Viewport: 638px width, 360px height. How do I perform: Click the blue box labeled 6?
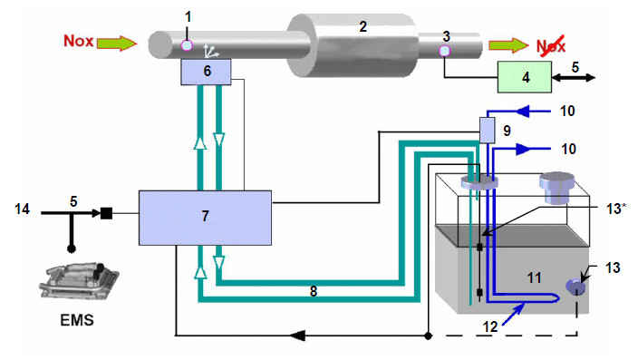206,72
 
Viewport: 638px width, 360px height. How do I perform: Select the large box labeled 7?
205,218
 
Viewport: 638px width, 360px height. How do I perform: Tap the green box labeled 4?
525,77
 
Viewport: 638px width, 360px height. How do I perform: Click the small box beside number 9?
487,131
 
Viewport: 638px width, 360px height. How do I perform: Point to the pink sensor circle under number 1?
187,45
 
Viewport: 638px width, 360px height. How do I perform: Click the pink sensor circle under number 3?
445,51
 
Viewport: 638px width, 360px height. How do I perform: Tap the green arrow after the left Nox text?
116,43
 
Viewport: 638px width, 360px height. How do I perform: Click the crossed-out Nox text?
551,45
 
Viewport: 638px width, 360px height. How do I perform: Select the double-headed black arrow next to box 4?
574,77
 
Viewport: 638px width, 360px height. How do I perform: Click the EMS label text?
77,320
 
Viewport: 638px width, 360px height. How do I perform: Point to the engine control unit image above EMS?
79,281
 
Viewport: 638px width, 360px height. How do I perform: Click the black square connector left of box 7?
106,213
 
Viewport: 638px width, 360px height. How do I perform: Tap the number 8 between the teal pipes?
314,291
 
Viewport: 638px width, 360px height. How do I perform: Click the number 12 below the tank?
490,326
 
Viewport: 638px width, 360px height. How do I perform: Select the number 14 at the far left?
22,209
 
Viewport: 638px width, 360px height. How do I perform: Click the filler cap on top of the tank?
556,188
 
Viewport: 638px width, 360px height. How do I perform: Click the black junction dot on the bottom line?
428,336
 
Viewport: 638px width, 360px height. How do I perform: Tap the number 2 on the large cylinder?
362,27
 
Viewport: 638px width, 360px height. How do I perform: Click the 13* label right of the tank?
615,209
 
